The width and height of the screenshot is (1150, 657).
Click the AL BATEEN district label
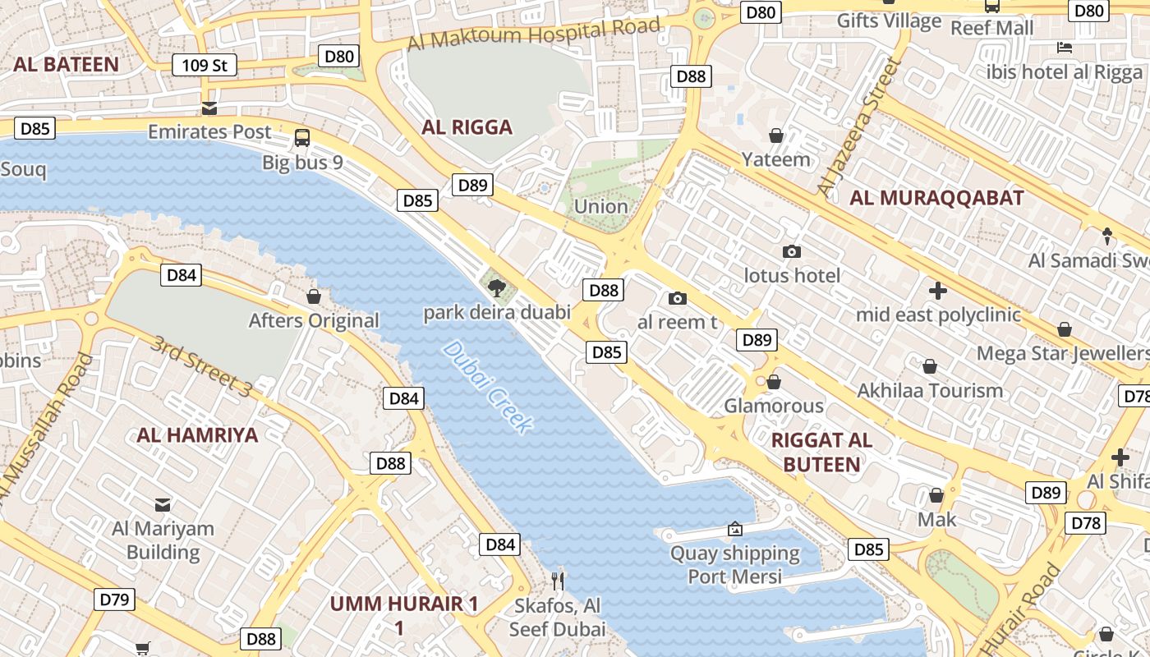tap(67, 64)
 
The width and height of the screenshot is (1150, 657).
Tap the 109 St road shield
tap(205, 65)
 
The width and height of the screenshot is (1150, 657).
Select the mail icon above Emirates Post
tap(209, 108)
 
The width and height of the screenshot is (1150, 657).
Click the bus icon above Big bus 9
tap(302, 137)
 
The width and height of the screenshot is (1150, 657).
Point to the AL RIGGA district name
tap(467, 127)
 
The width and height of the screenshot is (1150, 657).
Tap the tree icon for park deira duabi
tap(496, 287)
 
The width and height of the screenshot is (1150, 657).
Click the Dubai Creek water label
tap(488, 387)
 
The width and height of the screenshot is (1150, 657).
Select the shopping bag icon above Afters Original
tap(314, 296)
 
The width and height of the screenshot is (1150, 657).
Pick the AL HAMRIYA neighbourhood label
tap(197, 435)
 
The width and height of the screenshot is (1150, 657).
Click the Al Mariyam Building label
tap(163, 540)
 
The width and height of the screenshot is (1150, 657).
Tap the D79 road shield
tap(114, 600)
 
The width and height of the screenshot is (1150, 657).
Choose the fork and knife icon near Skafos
tap(559, 581)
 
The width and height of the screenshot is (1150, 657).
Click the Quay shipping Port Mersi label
tap(734, 564)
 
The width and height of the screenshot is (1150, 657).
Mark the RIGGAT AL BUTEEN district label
tap(821, 453)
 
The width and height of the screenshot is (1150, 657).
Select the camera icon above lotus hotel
tap(792, 251)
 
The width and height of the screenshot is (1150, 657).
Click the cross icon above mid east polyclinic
tap(938, 290)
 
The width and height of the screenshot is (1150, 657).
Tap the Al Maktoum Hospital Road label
tap(534, 34)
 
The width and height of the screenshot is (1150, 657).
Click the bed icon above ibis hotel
tap(1065, 48)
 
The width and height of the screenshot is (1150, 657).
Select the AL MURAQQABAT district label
tap(936, 198)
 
